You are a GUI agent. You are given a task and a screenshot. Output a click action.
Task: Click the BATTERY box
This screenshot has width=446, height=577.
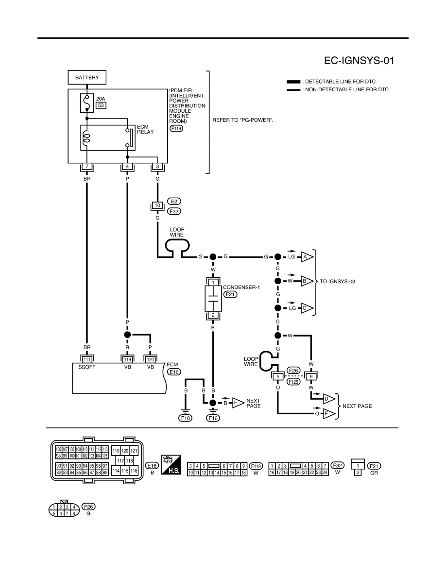coord(87,77)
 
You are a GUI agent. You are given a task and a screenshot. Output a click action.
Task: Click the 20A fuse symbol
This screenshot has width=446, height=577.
coord(87,103)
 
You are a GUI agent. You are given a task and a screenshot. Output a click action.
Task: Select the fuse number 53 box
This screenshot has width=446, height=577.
coord(101,105)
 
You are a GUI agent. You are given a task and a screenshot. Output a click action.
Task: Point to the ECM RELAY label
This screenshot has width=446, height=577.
coord(145,129)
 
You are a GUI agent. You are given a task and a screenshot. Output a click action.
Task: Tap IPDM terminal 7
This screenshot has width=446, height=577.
coord(87,166)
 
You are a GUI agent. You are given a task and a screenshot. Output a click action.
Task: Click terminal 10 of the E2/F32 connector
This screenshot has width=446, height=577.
coord(157,205)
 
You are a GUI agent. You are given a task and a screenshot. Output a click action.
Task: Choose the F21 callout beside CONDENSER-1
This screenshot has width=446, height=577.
coord(230,294)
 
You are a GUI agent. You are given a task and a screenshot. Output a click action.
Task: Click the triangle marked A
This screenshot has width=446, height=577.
coord(307,257)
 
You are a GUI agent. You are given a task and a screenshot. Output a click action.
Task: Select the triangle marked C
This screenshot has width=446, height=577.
coord(307,308)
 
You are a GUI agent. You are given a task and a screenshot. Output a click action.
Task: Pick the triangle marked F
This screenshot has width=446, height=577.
coord(238,403)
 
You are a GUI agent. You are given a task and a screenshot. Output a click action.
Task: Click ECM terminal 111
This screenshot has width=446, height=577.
coord(87,359)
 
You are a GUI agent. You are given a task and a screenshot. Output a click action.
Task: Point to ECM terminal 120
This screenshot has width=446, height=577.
coord(150,359)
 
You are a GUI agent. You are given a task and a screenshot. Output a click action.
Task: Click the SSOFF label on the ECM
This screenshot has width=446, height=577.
coord(87,367)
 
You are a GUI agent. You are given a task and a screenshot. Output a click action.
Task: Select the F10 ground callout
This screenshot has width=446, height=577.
coord(186,418)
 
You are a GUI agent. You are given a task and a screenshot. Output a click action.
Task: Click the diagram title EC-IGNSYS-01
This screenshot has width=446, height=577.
coord(359,61)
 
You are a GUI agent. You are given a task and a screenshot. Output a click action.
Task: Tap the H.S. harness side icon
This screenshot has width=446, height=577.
coord(171,464)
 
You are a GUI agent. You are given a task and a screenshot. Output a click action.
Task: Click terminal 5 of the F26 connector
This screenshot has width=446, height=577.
coord(278,376)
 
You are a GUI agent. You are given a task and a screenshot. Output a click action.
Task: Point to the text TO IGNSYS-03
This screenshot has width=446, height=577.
coord(337,282)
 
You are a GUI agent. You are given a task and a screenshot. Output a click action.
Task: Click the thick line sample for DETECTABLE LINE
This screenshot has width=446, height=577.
coord(293,82)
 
